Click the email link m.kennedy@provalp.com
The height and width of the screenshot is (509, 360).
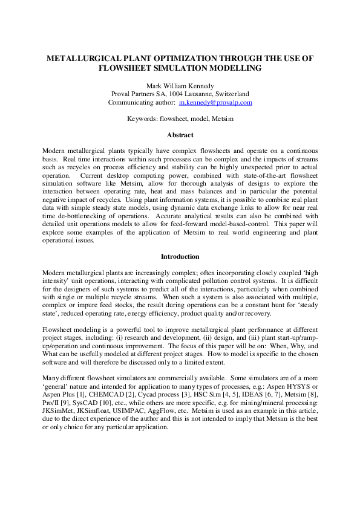[x=220, y=103]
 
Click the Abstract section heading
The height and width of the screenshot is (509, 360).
[x=180, y=135]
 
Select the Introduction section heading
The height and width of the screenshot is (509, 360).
[x=180, y=257]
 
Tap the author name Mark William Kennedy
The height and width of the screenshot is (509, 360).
[x=180, y=85]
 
